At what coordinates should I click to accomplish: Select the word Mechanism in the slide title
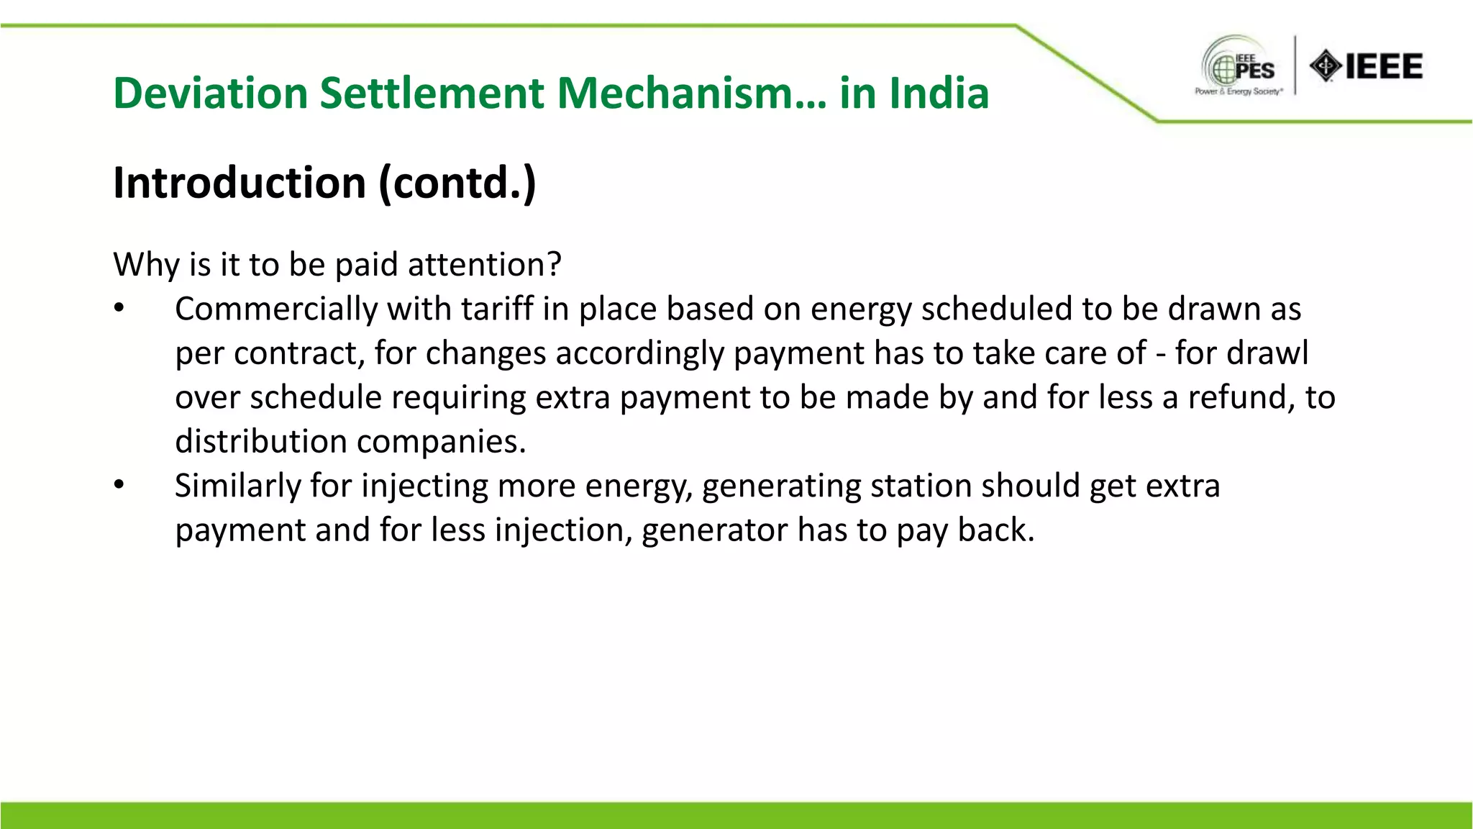pos(691,94)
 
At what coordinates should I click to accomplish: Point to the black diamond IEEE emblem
pos(1325,66)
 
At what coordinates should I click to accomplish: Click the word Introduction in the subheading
pos(240,182)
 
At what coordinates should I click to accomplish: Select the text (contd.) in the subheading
pos(457,183)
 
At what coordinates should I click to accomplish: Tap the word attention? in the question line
pos(484,265)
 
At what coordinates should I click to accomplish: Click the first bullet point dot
pos(119,309)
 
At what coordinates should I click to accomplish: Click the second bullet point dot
pos(119,486)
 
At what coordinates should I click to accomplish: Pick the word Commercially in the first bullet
pos(276,309)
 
